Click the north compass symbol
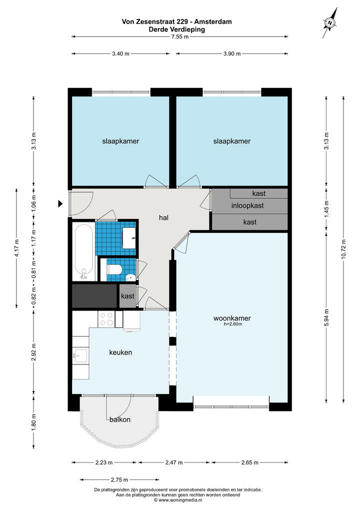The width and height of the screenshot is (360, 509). coord(330,22)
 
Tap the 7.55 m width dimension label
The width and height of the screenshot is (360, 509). coord(180,36)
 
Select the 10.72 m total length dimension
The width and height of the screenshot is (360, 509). coord(343,249)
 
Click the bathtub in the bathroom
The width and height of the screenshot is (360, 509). coord(84,251)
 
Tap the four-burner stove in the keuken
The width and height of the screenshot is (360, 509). coord(106,318)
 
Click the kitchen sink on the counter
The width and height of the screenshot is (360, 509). coord(80,356)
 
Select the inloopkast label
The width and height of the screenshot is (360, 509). coord(247,205)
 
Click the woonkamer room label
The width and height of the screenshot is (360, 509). coord(232,318)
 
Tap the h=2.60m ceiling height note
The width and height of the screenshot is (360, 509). coord(233,324)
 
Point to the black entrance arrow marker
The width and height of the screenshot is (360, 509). coord(60,204)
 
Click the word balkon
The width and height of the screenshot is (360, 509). coord(120,419)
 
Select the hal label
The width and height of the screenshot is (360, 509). coord(163,218)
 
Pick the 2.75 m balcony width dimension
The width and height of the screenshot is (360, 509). coord(119,479)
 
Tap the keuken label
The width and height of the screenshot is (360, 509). coord(120,352)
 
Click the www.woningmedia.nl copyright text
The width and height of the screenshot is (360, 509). coord(178,500)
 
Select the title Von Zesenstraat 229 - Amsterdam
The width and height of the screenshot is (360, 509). coord(176,21)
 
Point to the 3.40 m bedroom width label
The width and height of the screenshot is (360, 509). coord(121,53)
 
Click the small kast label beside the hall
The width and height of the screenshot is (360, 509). coord(127,296)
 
